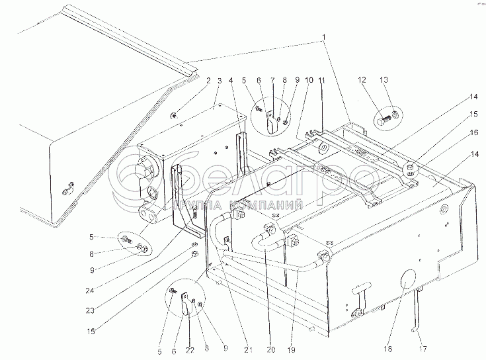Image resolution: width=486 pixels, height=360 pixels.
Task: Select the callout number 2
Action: (208, 80)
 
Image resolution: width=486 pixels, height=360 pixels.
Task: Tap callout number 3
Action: (219, 80)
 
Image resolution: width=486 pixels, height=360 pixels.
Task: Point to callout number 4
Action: (231, 80)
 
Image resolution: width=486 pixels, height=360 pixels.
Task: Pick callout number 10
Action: (309, 80)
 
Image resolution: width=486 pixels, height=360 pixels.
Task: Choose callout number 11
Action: (322, 80)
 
